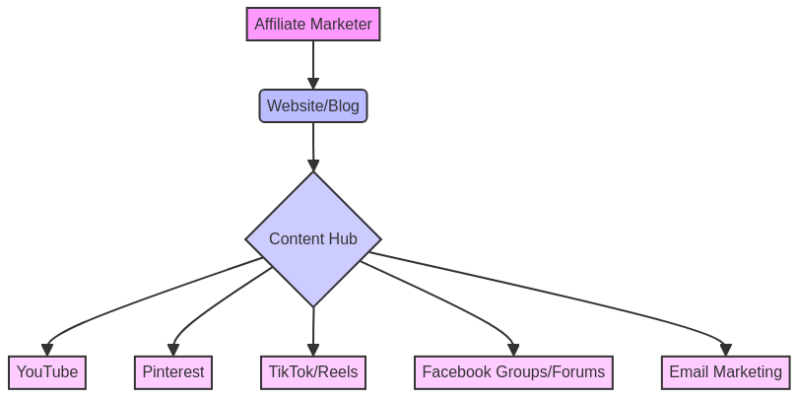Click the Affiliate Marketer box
[x=313, y=25]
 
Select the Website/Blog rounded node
[x=313, y=106]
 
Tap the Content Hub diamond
[x=313, y=239]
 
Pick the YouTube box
[x=47, y=372]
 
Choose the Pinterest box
[x=173, y=372]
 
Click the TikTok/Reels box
[x=313, y=372]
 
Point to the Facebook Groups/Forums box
[x=513, y=372]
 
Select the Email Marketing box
[x=725, y=372]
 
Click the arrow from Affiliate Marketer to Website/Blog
[x=313, y=64]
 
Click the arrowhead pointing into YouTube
[x=47, y=350]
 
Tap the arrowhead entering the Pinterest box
[x=173, y=350]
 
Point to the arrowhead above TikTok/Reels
[x=313, y=350]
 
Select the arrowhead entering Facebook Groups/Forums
[x=513, y=350]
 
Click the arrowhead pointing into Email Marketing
[x=725, y=350]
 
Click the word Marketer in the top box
[x=340, y=25]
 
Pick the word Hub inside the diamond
[x=343, y=239]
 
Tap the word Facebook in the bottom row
[x=456, y=372]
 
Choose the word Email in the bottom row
[x=688, y=372]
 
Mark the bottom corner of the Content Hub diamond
[x=313, y=305]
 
